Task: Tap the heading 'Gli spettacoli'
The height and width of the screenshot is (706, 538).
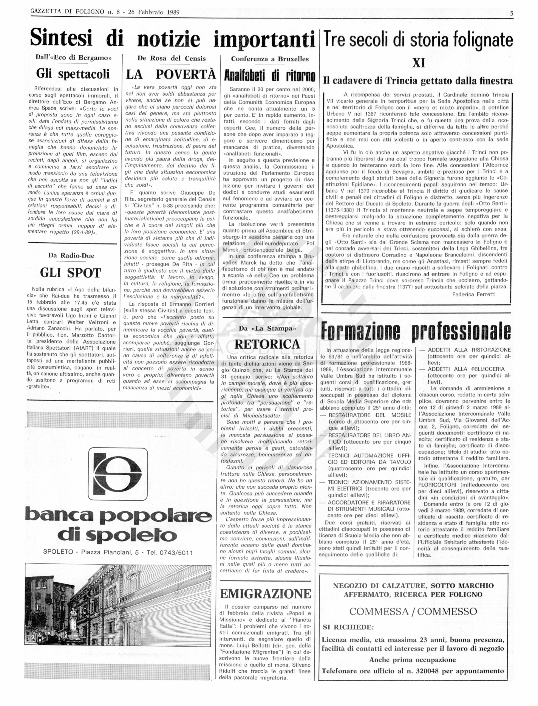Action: coord(73,74)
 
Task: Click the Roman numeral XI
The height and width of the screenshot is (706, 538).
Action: coord(419,63)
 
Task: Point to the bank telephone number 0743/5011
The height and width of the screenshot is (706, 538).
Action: coord(174,553)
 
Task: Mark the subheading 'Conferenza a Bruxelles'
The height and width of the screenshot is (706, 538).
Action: coord(270,59)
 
